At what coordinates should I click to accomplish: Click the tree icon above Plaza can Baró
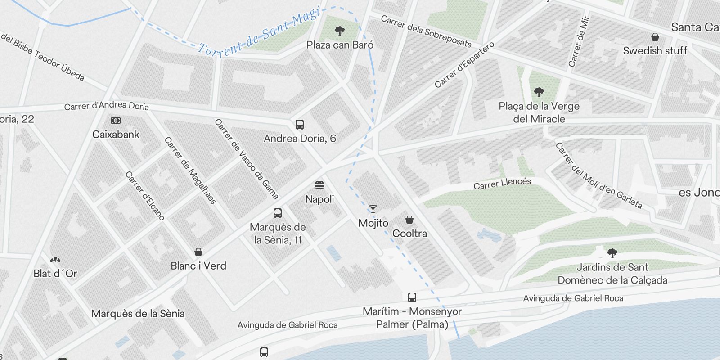pos(340,31)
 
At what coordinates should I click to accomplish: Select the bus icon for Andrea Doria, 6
pos(300,125)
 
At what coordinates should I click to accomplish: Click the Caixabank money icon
pos(116,121)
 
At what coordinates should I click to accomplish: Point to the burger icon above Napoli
pos(319,185)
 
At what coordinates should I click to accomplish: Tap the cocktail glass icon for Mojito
pos(373,209)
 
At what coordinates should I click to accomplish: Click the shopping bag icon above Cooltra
pos(409,220)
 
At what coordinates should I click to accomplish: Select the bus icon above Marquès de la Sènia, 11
pos(278,213)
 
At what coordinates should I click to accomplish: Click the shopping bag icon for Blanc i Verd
pos(198,252)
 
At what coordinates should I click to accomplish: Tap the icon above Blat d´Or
pos(55,260)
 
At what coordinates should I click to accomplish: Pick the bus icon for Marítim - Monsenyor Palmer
pos(412,297)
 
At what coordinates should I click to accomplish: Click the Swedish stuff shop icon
pos(655,37)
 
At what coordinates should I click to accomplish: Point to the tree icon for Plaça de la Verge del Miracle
pos(539,93)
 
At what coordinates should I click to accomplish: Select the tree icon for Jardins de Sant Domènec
pos(612,253)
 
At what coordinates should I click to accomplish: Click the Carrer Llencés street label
pos(502,184)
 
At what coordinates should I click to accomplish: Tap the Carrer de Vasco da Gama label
pos(247,158)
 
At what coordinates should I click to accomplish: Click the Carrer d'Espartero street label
pos(464,65)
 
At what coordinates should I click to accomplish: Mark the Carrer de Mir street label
pos(579,41)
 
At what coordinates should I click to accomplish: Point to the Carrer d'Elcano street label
pos(145,196)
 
